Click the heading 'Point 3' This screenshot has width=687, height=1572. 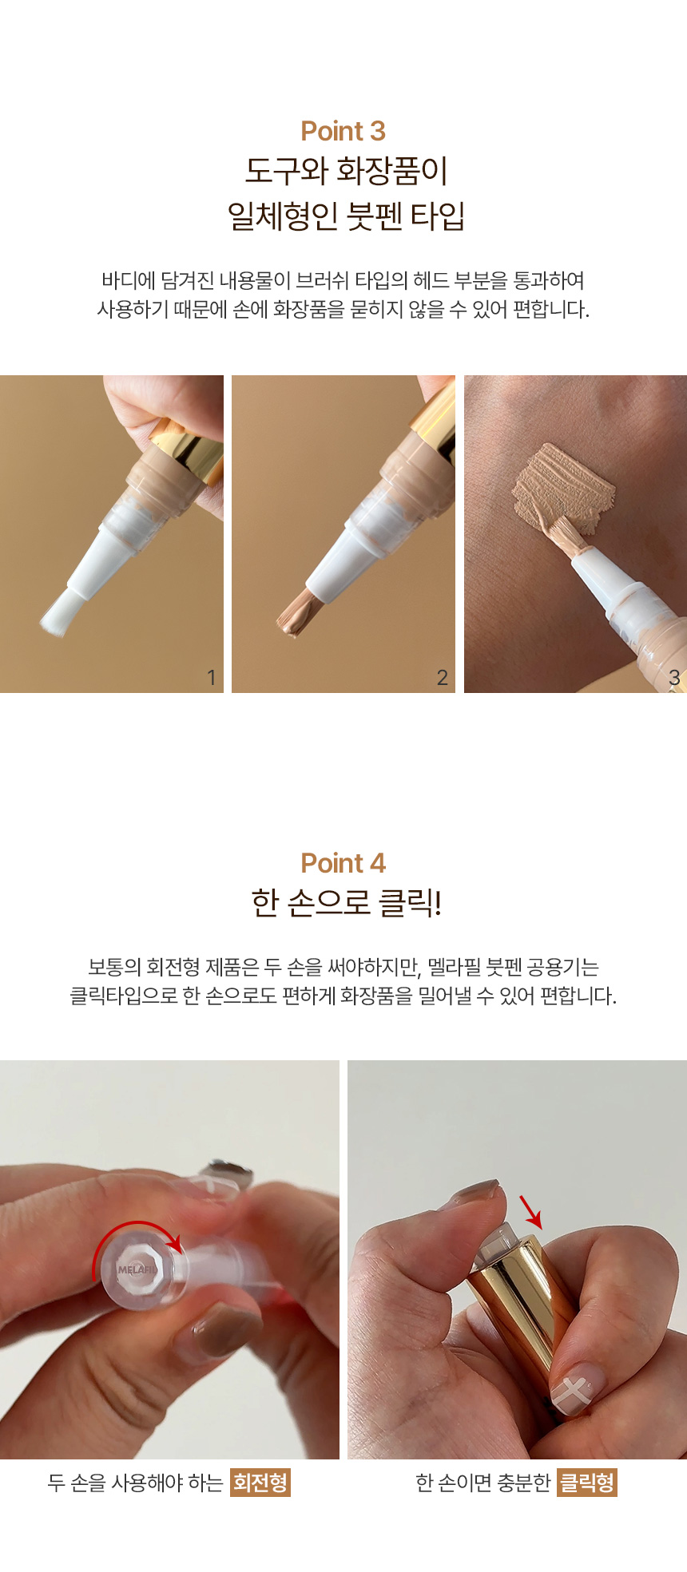point(343,131)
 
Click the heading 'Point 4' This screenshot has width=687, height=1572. point(343,863)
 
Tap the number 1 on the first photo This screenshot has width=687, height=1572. point(211,677)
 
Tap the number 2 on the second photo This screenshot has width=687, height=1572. point(442,677)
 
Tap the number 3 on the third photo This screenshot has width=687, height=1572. point(674,677)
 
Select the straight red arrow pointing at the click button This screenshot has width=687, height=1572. point(530,1212)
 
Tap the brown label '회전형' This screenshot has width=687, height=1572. point(260,1483)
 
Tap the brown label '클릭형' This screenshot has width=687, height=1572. point(587,1483)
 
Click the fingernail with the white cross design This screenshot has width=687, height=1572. point(576,1388)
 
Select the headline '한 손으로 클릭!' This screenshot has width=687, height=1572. point(346,902)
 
